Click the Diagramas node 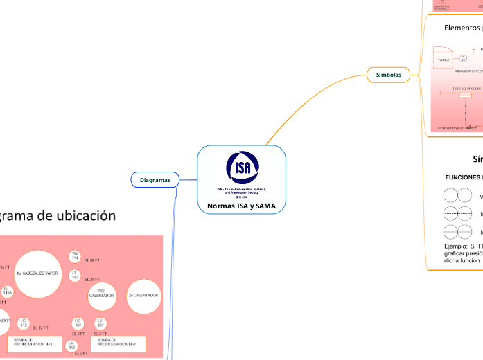(x=155, y=180)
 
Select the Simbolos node (x=388, y=74)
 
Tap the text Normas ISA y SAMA (x=241, y=206)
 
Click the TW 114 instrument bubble (x=75, y=256)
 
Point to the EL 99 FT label (x=92, y=261)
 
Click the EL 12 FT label (x=40, y=327)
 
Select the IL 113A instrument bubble (x=6, y=291)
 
